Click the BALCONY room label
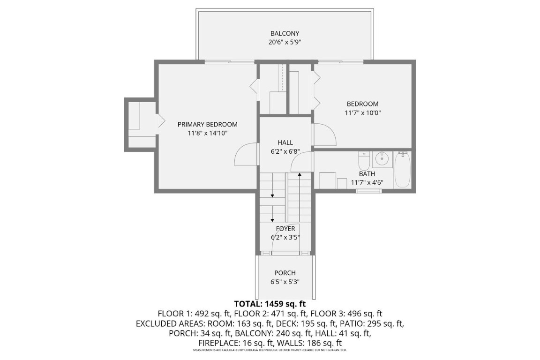[285, 33]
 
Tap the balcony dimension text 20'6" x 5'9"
[285, 42]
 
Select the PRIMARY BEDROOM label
[207, 124]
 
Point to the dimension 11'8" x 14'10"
[207, 133]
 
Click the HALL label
[285, 142]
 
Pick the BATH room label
[367, 174]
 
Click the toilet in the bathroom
[364, 162]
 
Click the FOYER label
[285, 229]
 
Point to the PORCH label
[285, 273]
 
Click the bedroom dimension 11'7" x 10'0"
[362, 113]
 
